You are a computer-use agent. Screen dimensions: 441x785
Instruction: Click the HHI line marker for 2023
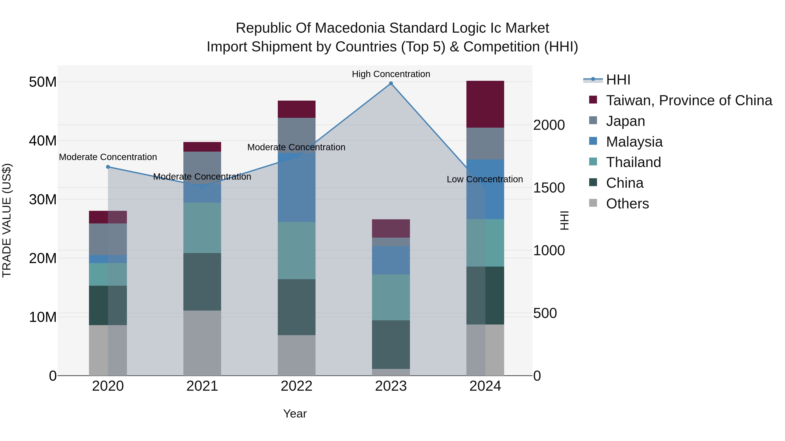391,83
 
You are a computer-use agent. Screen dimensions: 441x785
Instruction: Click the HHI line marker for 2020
108,167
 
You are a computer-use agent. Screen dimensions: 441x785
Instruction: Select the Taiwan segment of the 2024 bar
485,104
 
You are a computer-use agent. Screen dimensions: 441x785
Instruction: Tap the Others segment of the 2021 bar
202,343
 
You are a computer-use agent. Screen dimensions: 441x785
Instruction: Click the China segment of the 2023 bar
391,345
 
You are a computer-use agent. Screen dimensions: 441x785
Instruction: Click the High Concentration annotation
391,74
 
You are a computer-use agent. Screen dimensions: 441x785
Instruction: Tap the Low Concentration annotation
485,179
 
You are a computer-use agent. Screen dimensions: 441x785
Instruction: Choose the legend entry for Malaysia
634,142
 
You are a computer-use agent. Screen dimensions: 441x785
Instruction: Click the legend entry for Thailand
633,162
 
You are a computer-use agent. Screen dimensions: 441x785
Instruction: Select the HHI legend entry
618,80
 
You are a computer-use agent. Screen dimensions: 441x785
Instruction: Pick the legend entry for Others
627,204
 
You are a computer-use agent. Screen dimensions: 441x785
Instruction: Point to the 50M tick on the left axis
43,82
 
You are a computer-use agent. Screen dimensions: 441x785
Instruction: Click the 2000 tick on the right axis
549,125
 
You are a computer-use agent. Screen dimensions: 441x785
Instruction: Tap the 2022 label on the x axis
297,386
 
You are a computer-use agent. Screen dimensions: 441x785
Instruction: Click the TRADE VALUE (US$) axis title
7,220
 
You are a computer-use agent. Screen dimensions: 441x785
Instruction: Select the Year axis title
295,414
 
